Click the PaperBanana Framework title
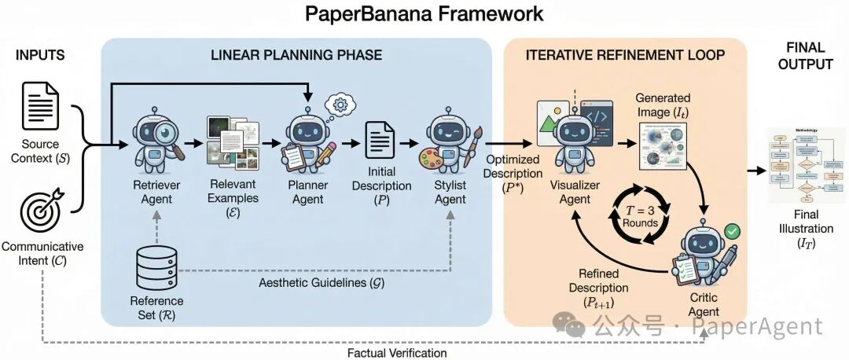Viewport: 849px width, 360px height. click(x=424, y=13)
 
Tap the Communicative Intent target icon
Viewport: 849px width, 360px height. click(x=40, y=211)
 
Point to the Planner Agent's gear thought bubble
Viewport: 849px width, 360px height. click(x=341, y=104)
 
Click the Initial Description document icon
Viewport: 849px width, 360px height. click(x=381, y=143)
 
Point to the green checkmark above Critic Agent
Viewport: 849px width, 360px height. click(x=732, y=231)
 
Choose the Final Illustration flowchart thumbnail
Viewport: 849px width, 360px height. click(x=807, y=165)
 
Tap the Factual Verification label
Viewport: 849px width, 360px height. click(x=397, y=353)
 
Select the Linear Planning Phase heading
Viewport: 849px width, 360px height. click(x=296, y=55)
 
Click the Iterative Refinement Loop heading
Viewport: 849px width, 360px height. click(x=625, y=55)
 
